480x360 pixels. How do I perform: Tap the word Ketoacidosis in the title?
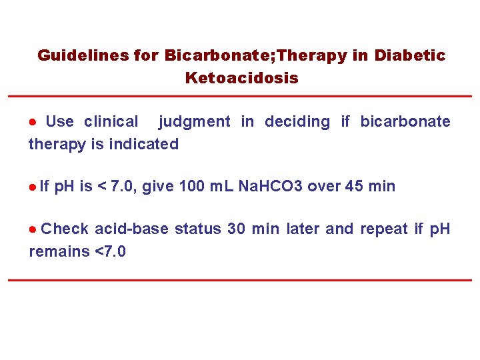click(x=241, y=78)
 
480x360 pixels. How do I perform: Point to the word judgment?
click(x=194, y=121)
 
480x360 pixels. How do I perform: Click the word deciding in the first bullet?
click(x=297, y=121)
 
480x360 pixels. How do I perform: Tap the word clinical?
click(x=111, y=121)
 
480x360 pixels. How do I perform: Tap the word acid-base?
click(x=132, y=229)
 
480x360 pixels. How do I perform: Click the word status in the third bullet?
click(x=198, y=229)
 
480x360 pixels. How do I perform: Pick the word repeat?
click(x=384, y=230)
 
